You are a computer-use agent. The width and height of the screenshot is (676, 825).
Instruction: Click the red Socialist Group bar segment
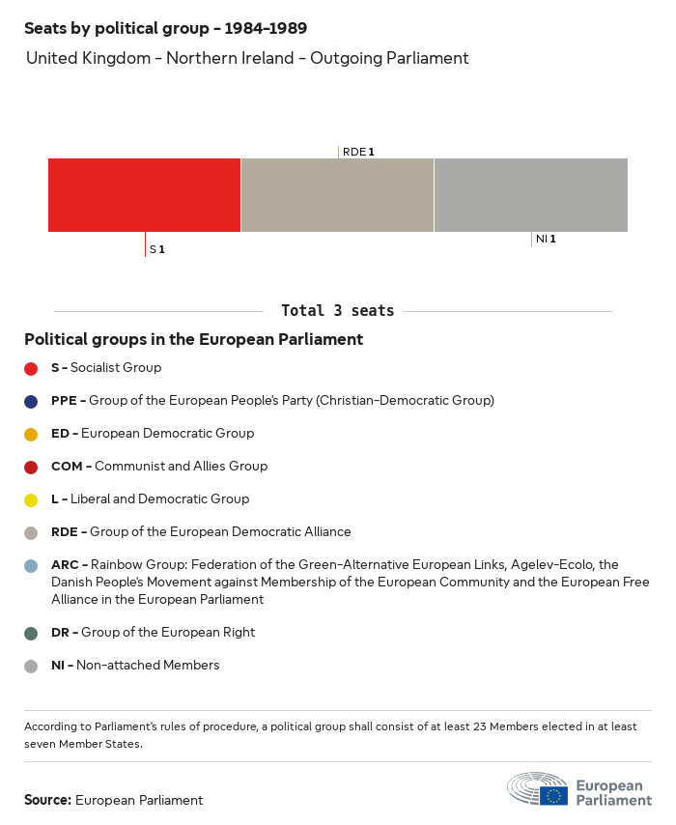[144, 195]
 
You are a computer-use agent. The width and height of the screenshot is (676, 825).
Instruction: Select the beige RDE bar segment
[337, 195]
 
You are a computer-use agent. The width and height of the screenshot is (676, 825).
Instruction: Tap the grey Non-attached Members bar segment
[530, 195]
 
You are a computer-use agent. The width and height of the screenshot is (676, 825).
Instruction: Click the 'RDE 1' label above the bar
[358, 152]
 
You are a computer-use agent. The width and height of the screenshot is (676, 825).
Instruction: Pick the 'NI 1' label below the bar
[546, 239]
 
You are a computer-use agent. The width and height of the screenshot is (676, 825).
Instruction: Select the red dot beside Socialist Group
[31, 368]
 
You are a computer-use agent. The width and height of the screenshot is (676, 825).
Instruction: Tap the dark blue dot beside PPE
[31, 401]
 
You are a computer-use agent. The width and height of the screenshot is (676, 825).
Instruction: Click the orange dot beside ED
[31, 434]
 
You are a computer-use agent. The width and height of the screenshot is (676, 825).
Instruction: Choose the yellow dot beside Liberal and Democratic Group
[31, 499]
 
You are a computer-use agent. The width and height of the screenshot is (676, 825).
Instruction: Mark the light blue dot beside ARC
[31, 565]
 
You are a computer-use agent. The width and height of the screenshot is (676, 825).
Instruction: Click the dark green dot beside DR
[31, 633]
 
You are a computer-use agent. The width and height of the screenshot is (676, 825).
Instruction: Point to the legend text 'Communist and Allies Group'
[181, 467]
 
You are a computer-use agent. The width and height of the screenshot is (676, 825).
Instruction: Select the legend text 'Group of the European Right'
[167, 633]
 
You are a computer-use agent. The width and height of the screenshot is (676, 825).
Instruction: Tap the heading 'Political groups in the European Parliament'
[193, 339]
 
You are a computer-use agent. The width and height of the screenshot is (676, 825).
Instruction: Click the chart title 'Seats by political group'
[165, 28]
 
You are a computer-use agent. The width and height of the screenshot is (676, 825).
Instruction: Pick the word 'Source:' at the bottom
[47, 800]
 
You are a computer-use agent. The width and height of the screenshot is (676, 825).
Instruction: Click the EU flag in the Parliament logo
[553, 795]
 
